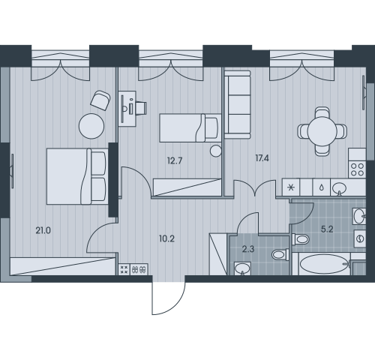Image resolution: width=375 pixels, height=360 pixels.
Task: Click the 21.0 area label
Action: coord(43,230)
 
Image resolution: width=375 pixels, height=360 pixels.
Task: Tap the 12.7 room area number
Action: coord(175,160)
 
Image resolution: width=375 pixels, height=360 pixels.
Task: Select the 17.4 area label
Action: coord(262,158)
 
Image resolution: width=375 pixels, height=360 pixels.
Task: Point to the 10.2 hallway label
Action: coord(166,238)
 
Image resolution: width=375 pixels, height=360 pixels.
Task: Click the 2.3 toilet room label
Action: coord(248,249)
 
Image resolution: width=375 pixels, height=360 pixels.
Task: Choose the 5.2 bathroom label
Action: coord(327,229)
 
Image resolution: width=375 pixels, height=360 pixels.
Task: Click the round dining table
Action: coord(322,131)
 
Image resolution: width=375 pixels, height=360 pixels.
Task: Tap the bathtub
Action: coord(324,264)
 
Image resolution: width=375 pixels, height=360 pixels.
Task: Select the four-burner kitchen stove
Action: coord(357,169)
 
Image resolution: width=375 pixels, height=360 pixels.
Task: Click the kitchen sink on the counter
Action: coord(339,187)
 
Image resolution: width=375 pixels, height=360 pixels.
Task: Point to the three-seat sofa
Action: coord(237,104)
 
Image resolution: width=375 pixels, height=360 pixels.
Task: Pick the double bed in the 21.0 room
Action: coord(77,176)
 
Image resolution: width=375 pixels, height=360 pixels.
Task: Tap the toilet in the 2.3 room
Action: coord(280,255)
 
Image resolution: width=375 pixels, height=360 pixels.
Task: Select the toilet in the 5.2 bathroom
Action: coord(301,239)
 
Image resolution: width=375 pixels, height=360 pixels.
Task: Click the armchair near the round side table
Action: coord(100,100)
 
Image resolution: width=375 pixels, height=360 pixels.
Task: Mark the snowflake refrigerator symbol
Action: coord(291,187)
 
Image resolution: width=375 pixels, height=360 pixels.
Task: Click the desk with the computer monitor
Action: coord(127,109)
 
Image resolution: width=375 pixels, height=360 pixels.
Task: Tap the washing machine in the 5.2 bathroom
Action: coord(360,238)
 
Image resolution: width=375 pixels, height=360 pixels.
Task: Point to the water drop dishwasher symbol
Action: coord(322,187)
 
